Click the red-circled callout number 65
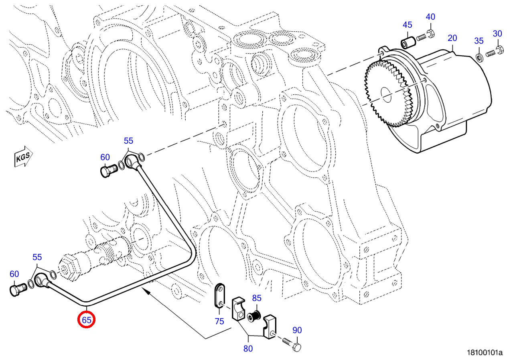click(x=87, y=320)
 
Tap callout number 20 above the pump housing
click(x=452, y=38)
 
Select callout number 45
click(x=407, y=25)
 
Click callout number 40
click(x=430, y=16)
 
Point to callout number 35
click(x=479, y=41)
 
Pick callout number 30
click(x=497, y=33)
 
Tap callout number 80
click(x=248, y=348)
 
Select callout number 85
click(x=257, y=298)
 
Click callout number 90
click(x=297, y=330)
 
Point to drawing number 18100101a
click(x=484, y=353)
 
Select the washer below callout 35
click(x=479, y=56)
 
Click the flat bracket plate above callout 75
click(x=219, y=295)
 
